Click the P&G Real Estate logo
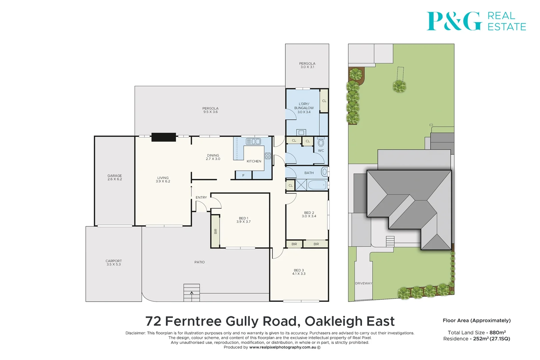[x=476, y=21]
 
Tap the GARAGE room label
[x=115, y=177]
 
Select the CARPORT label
[x=114, y=263]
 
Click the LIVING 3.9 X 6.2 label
[x=163, y=179]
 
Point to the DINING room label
[x=213, y=157]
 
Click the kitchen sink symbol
[x=253, y=142]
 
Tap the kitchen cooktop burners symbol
[x=268, y=156]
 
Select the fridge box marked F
[x=243, y=175]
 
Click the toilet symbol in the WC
[x=321, y=143]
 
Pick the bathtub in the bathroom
[x=317, y=185]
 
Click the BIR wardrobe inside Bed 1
[x=216, y=231]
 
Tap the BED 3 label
[x=299, y=272]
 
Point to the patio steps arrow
[x=192, y=293]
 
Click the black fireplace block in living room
[x=164, y=137]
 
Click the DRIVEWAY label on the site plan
[x=363, y=283]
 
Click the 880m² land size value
[x=497, y=333]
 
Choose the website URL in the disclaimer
[x=283, y=347]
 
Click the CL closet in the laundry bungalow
[x=324, y=101]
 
